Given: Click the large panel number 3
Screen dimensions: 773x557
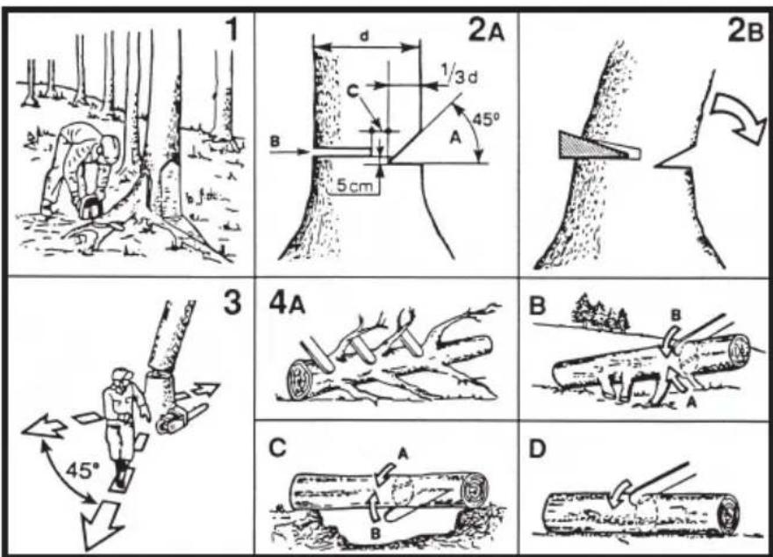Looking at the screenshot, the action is click(x=233, y=301).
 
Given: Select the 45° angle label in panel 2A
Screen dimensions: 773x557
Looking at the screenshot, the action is click(x=485, y=119).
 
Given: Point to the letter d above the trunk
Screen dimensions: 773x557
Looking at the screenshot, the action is click(x=365, y=36).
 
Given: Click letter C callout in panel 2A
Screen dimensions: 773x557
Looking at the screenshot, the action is click(x=353, y=90).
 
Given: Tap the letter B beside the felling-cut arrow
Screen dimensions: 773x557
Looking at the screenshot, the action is click(x=275, y=141).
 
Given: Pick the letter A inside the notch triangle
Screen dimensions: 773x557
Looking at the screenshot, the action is click(x=455, y=139).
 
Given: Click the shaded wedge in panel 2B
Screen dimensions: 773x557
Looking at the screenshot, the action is click(x=598, y=147).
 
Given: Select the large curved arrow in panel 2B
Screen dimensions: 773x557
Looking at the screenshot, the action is click(x=737, y=118).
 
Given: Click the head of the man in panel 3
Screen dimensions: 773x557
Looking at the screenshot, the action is click(x=121, y=380).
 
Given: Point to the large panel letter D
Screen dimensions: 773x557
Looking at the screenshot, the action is click(x=537, y=449).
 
